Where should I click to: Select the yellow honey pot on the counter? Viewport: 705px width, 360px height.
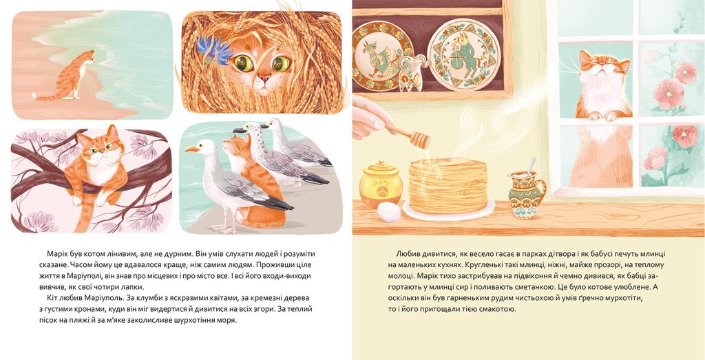coord(381,184)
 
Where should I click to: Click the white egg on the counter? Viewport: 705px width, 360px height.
coord(389,212)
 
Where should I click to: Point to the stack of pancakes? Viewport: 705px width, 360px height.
coord(448,186)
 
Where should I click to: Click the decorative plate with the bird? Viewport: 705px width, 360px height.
coord(382,56)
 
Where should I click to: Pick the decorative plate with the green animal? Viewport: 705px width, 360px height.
coord(464,54)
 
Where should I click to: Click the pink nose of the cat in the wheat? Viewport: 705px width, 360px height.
coord(264,78)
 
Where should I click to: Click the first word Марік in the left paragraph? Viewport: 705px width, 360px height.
coord(56,253)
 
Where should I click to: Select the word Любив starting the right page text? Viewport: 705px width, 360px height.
coord(407,253)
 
